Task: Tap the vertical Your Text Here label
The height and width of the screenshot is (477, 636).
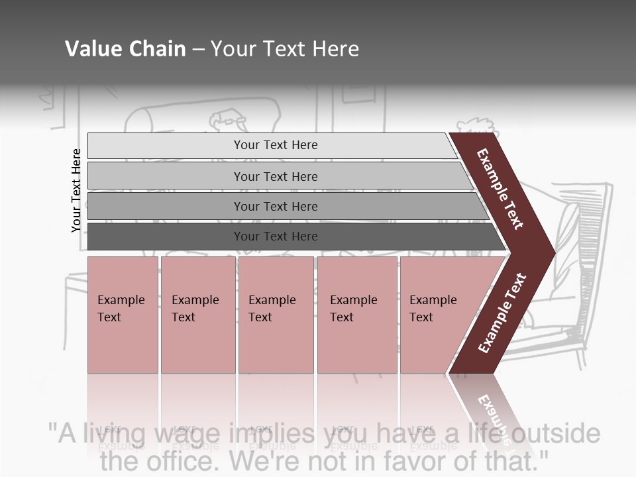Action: point(76,190)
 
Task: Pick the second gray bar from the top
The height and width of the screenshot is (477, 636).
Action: point(276,176)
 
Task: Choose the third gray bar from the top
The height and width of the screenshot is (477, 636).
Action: point(276,206)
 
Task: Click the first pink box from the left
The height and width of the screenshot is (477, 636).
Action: point(123,315)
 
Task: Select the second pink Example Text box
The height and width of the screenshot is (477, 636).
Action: point(197,315)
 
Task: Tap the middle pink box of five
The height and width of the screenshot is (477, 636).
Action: point(276,315)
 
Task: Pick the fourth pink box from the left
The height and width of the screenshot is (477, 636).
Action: point(357,315)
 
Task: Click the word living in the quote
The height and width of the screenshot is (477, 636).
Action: point(113,435)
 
